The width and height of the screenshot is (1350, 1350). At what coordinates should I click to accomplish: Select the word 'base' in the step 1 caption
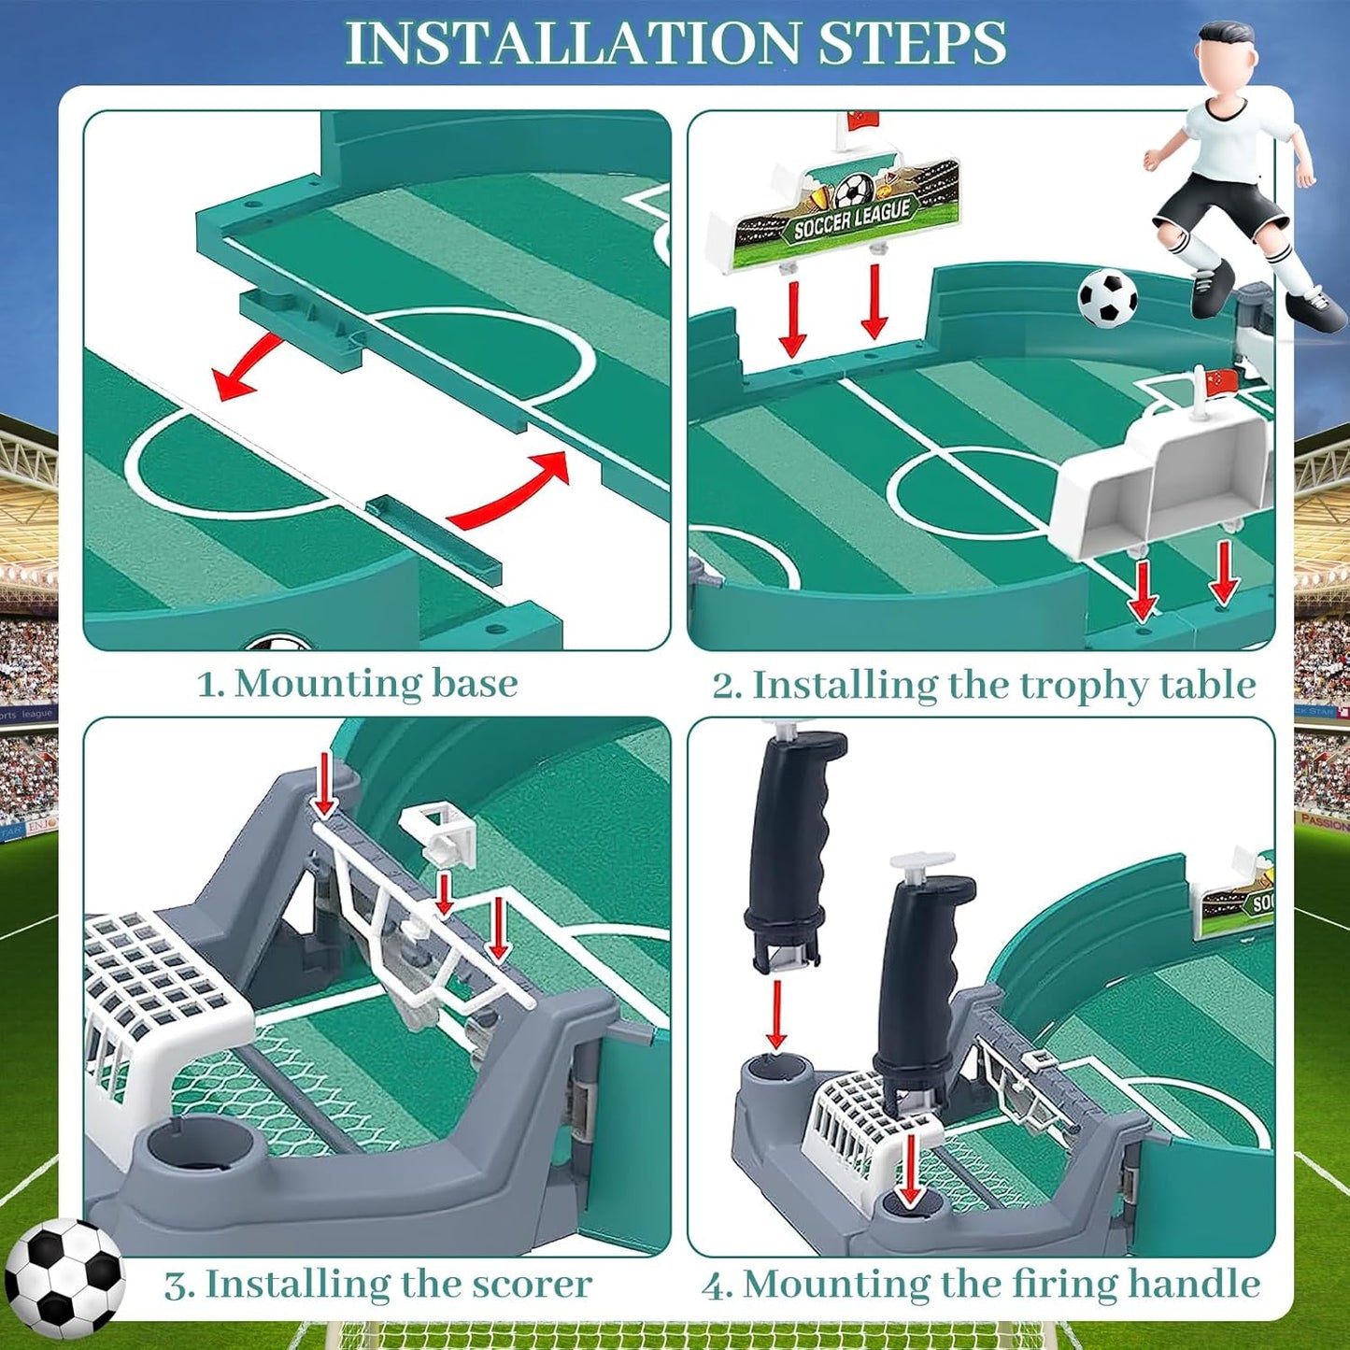[474, 684]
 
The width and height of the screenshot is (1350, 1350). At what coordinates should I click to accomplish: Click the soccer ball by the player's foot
[1107, 298]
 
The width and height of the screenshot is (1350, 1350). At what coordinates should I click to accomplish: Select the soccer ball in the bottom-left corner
[64, 1278]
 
